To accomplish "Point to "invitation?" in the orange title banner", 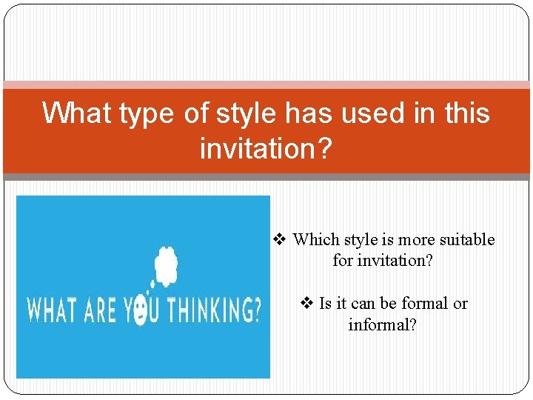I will [x=266, y=149].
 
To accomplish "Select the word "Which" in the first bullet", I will [x=315, y=240].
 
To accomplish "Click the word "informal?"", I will [x=383, y=325].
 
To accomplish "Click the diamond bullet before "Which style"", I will [x=279, y=239].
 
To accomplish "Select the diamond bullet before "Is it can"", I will [x=307, y=303].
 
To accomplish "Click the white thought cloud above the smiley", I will [x=165, y=265].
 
